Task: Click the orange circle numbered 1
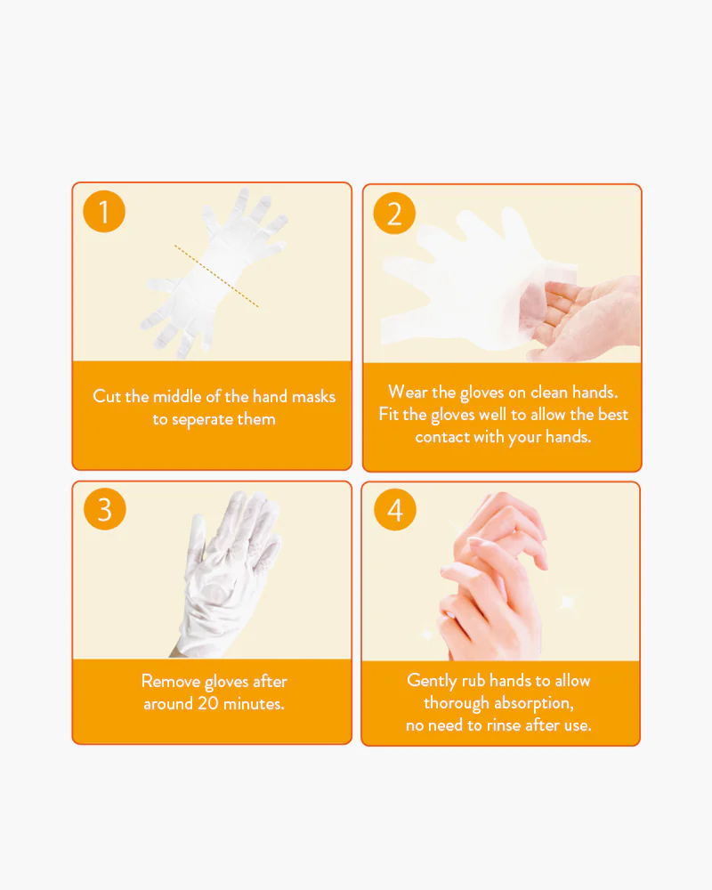click(104, 211)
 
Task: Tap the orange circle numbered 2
click(394, 214)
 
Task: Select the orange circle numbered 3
click(104, 509)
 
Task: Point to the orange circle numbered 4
click(395, 510)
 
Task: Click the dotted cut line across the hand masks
click(216, 276)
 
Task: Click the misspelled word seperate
click(202, 419)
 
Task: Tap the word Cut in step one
click(106, 396)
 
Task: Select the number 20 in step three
click(207, 703)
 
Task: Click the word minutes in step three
click(254, 704)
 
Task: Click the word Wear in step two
click(408, 392)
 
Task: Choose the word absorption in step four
click(534, 703)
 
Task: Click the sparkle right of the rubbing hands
click(567, 602)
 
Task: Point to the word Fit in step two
click(389, 414)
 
